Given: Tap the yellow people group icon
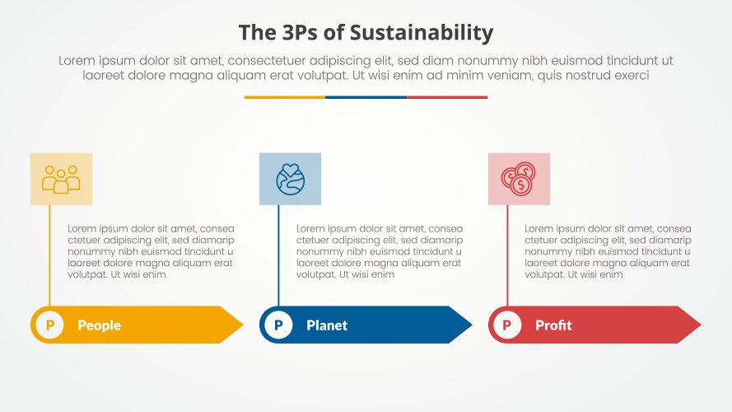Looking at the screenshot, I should point(61,179).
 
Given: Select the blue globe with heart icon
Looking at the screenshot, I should point(290,179).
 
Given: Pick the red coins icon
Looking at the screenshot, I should point(519,179).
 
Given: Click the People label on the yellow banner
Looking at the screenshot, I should point(99,325).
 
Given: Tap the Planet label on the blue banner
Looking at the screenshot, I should point(327,325).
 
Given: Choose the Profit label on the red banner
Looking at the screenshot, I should point(553,325).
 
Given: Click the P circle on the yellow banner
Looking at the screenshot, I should point(50,325).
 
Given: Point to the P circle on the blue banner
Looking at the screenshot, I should point(278,325).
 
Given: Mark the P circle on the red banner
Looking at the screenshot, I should point(506,325).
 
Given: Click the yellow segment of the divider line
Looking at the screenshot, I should point(284,97).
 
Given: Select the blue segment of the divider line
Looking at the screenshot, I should point(366,97).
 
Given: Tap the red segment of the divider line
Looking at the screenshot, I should point(447,97).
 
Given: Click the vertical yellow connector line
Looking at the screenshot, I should point(50,255).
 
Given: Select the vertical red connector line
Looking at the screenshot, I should point(507,255).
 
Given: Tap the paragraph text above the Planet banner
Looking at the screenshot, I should point(379,251).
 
